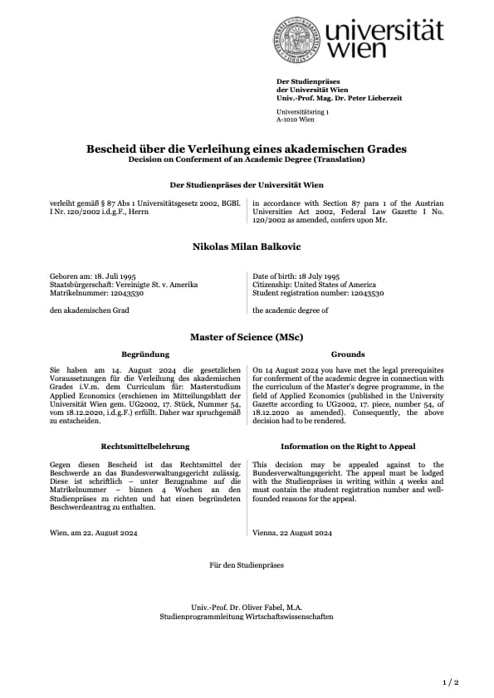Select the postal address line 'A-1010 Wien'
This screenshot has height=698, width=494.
[296, 119]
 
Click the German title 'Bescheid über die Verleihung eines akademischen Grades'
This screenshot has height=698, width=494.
[247, 149]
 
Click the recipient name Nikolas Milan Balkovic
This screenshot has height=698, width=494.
[247, 246]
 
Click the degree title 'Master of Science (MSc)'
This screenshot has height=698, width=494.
[247, 338]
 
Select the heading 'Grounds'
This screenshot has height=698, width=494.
[347, 354]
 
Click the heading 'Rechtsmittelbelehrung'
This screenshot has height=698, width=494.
[145, 447]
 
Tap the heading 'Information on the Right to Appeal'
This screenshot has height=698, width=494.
[347, 447]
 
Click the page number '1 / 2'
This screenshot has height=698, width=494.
[450, 681]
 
